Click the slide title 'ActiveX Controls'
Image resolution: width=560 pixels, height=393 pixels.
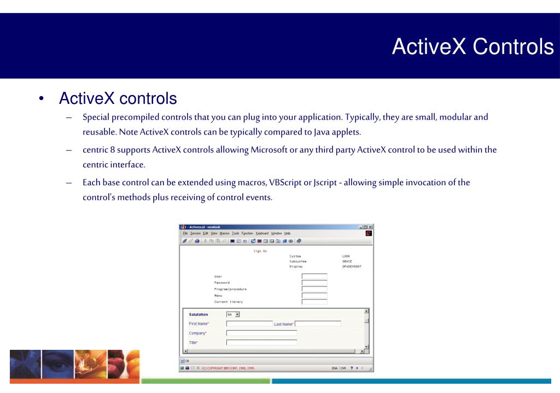tap(472, 48)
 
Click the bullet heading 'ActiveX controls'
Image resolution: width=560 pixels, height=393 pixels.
tap(118, 99)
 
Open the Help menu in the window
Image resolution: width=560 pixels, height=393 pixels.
tap(287, 233)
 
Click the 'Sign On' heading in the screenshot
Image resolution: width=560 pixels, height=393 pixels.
tap(260, 251)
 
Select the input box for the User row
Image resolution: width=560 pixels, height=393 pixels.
tap(314, 277)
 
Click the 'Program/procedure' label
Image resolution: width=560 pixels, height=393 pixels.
tap(230, 289)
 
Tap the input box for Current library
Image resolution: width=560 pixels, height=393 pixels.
tap(314, 302)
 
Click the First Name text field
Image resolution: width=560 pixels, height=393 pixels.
tap(249, 324)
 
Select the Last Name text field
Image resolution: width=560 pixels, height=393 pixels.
tap(318, 324)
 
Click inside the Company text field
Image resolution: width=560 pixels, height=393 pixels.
tap(261, 332)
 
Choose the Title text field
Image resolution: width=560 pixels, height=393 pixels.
tap(261, 342)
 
